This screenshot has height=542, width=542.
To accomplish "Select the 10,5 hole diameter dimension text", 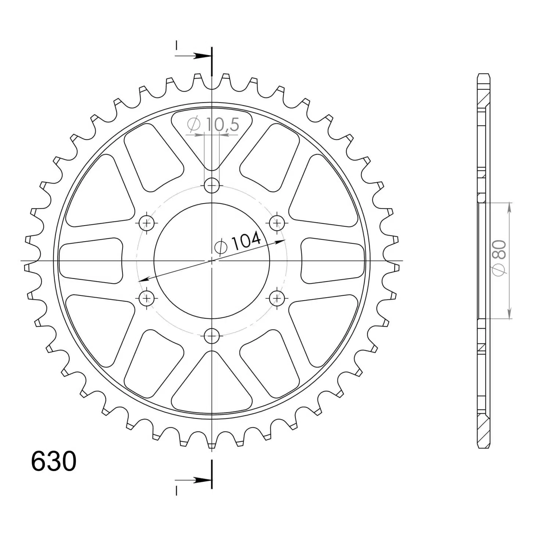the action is pyautogui.click(x=213, y=125).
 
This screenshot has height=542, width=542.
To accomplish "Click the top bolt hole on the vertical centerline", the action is pyautogui.click(x=212, y=186).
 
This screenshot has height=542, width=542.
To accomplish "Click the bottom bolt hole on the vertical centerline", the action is pyautogui.click(x=212, y=335).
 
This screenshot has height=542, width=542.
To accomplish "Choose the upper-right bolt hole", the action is pyautogui.click(x=277, y=223).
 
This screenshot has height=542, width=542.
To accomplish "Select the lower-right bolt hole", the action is pyautogui.click(x=277, y=297).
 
